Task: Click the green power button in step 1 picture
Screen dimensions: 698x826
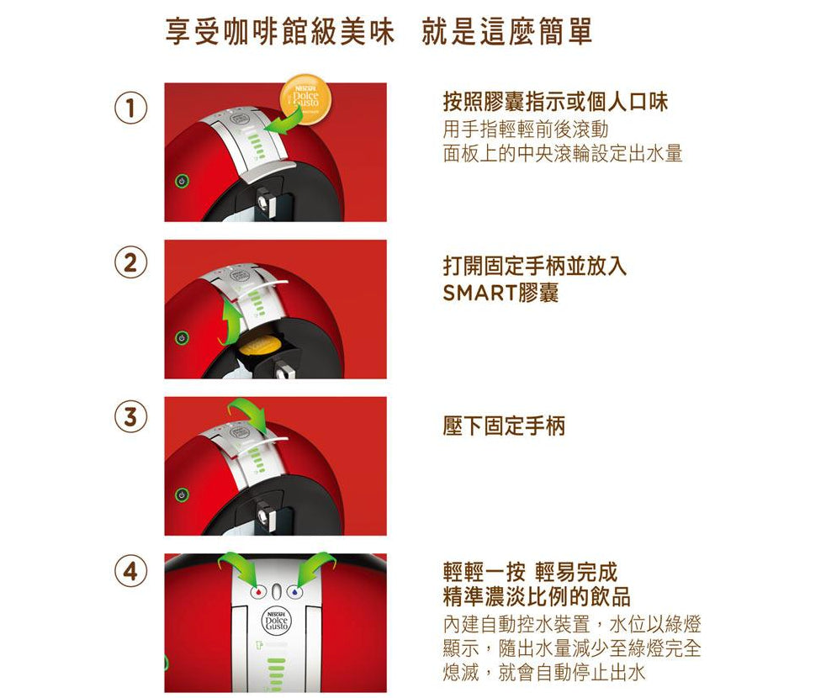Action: (x=178, y=181)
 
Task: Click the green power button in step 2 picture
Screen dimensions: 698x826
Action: (x=178, y=337)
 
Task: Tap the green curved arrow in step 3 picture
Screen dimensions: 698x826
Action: (x=250, y=415)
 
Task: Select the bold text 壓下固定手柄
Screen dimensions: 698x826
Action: (x=504, y=426)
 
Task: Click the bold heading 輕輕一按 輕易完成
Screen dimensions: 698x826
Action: (x=530, y=573)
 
